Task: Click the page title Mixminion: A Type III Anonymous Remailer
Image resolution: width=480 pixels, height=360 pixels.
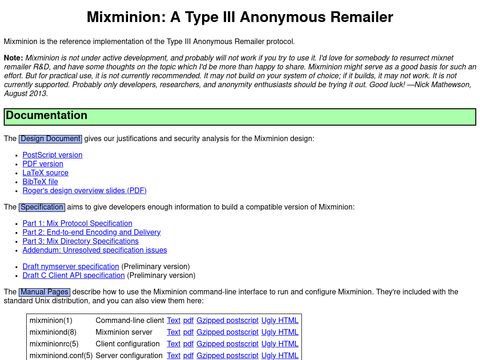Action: [240, 17]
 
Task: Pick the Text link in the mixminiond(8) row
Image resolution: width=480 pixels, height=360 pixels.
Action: [173, 331]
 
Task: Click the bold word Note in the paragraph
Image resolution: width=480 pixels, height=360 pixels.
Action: [14, 58]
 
